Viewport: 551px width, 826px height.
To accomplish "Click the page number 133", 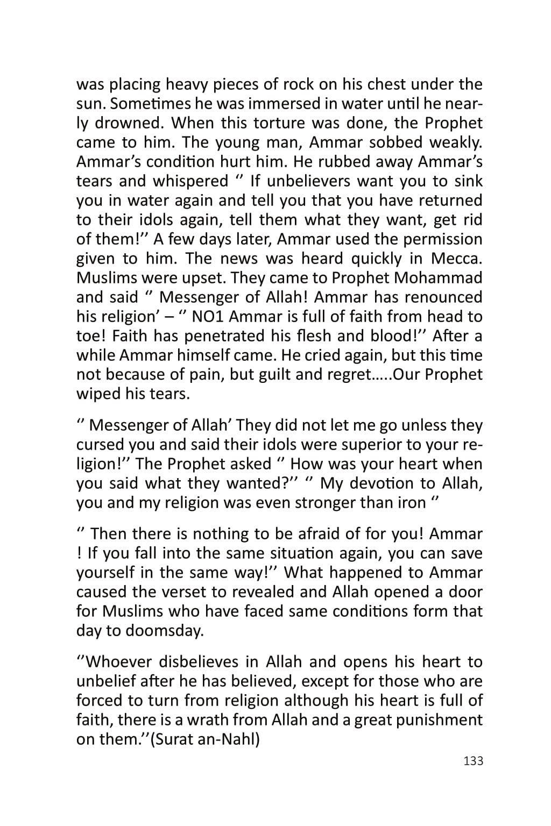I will pyautogui.click(x=473, y=761).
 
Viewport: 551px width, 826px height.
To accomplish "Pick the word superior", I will pyautogui.click(x=354, y=445).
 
